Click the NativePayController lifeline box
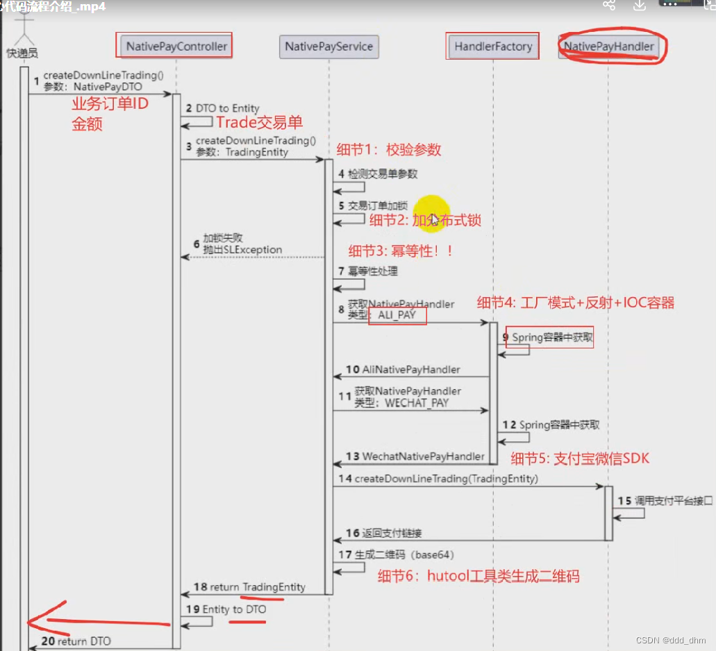point(176,46)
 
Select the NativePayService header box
point(328,46)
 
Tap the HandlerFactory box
point(493,46)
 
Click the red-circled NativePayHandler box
point(609,46)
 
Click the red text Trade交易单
point(259,123)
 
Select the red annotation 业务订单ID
point(110,105)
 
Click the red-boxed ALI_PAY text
point(397,316)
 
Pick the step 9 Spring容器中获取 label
point(552,338)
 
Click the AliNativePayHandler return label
point(410,370)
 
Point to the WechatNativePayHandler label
point(423,457)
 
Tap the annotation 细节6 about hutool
point(478,575)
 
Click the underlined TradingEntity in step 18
point(274,587)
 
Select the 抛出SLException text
point(242,250)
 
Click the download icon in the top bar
point(640,6)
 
